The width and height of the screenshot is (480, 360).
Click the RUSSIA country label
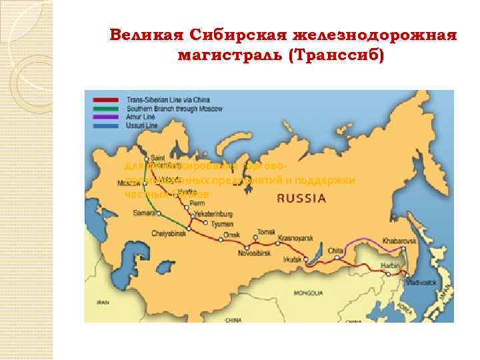tap(301, 198)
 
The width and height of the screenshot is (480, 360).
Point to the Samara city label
tap(143, 213)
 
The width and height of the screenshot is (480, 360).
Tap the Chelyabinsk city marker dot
tap(189, 229)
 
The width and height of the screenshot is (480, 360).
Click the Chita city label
tap(335, 250)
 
